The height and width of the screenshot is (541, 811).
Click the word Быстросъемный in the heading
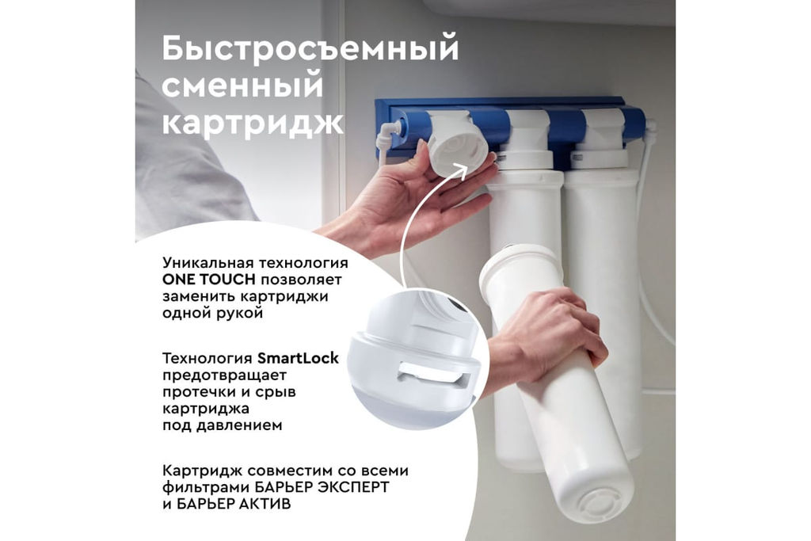click(310, 50)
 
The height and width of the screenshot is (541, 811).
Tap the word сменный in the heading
click(242, 86)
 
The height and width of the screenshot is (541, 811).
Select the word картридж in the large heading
click(253, 124)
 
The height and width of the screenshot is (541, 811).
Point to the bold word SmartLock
click(298, 358)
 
